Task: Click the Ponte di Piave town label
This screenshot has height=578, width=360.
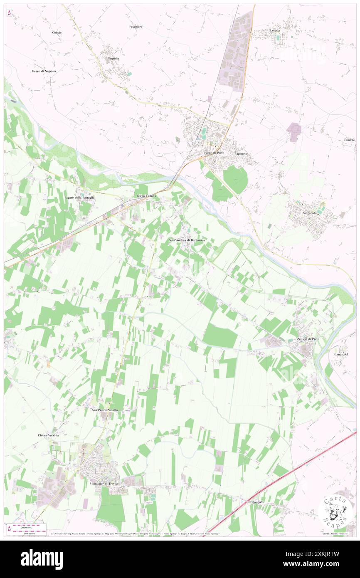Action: coord(214,153)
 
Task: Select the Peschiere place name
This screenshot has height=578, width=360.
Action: coord(136,27)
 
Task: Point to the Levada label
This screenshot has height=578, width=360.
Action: coord(275,30)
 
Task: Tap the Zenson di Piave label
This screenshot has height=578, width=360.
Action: coord(308,339)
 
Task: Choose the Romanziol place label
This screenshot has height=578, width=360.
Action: coord(340,353)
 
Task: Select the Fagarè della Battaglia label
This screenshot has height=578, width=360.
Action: coord(79,197)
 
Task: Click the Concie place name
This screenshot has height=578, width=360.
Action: coord(57,32)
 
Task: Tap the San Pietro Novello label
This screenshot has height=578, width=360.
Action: coord(105,410)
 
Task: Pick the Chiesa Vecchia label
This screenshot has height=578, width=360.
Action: coord(48,435)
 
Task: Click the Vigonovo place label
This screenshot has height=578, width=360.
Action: coord(241,153)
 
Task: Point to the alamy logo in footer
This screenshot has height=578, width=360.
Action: coord(42,559)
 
